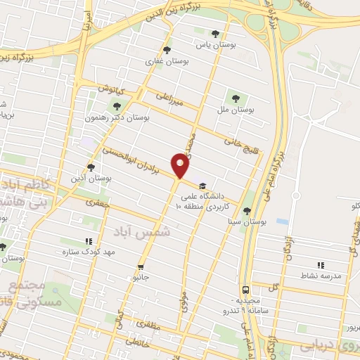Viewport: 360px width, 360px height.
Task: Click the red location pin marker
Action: tap(181, 167)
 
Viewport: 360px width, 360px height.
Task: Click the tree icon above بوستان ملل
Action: tap(235, 98)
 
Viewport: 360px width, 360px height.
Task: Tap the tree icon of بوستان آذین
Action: tap(90, 167)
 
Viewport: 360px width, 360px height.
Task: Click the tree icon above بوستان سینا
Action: tap(245, 210)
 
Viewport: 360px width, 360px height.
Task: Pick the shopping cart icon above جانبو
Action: tap(141, 266)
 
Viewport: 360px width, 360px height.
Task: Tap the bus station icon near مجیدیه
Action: tap(245, 289)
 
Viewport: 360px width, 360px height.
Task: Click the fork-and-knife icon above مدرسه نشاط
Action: tap(321, 265)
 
